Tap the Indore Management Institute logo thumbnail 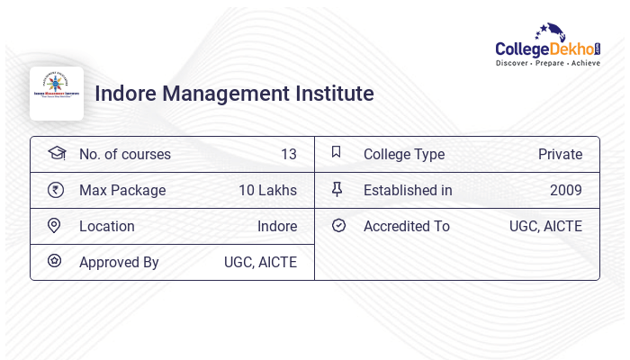57,94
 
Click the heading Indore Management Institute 234,94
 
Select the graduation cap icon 56,154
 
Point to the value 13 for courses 288,154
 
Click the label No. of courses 124,154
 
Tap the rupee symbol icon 56,190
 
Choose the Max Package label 122,190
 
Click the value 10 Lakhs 267,190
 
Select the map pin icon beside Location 56,226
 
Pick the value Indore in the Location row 277,226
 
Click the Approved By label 119,262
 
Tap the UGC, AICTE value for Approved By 260,262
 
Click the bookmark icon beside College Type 337,153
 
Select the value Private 560,154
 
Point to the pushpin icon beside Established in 337,189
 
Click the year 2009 566,190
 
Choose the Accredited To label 406,226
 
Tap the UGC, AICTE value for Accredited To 545,226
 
